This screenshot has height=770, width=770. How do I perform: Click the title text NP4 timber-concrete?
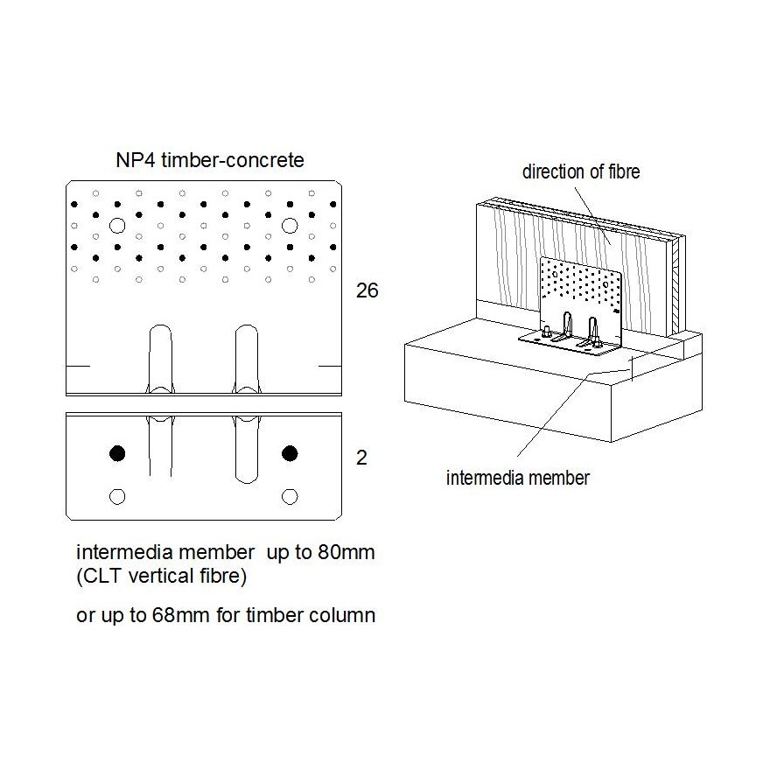click(209, 160)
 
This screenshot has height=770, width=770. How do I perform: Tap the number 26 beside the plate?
click(367, 290)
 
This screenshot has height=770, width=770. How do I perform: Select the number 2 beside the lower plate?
click(361, 458)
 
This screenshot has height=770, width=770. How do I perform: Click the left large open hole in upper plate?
click(117, 226)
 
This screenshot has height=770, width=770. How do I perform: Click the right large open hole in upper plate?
click(290, 226)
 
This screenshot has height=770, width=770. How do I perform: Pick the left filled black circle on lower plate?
click(116, 452)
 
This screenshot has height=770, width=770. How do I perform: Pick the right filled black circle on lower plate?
click(290, 452)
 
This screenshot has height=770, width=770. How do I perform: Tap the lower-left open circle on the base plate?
click(116, 496)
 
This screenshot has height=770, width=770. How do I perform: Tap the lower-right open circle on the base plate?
click(290, 496)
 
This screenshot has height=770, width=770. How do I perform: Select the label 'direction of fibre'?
click(581, 171)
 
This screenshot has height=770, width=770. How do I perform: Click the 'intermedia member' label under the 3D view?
click(518, 478)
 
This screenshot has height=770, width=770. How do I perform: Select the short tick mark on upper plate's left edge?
click(78, 364)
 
